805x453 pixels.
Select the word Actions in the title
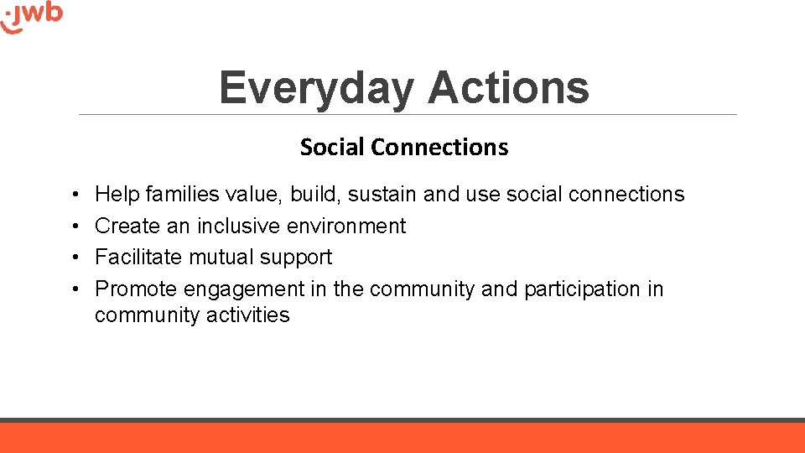(508, 88)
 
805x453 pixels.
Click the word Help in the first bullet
(117, 195)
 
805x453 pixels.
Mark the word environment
(346, 226)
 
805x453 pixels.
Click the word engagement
(244, 290)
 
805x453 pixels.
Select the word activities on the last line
(252, 315)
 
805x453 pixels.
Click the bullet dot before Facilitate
(75, 258)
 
